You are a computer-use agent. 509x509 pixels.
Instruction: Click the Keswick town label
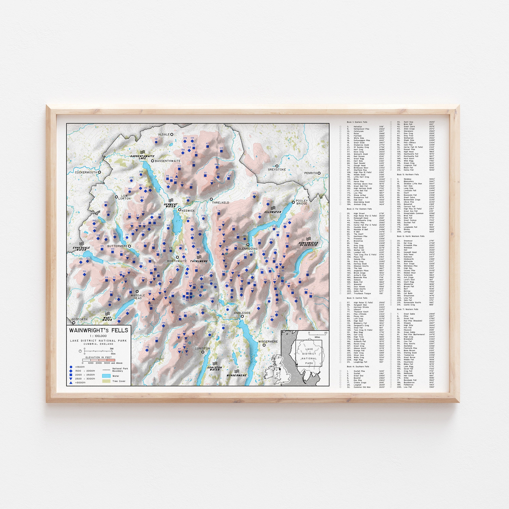pyautogui.click(x=188, y=211)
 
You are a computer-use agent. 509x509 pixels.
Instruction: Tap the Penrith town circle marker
pyautogui.click(x=319, y=173)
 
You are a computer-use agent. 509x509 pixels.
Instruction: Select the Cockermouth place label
pyautogui.click(x=86, y=172)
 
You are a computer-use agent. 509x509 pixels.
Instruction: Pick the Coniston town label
pyautogui.click(x=202, y=348)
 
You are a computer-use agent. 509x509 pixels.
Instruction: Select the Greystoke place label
pyautogui.click(x=277, y=169)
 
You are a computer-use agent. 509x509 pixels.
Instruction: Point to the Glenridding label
pyautogui.click(x=248, y=248)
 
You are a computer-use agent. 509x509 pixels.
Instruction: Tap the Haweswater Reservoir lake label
pyautogui.click(x=308, y=244)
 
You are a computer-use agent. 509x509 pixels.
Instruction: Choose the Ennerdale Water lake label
pyautogui.click(x=81, y=248)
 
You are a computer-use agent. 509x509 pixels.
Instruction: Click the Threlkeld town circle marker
pyautogui.click(x=211, y=199)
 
